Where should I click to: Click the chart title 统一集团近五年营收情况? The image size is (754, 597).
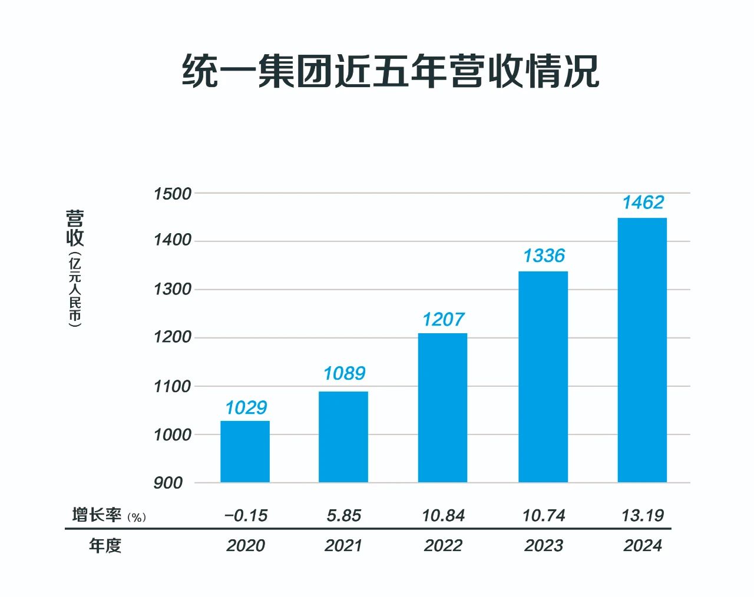click(391, 71)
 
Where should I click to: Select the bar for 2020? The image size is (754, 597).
click(245, 452)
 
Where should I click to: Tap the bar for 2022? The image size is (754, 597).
click(442, 408)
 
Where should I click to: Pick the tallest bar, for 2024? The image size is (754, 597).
click(642, 350)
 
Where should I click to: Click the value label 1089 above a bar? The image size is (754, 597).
click(344, 373)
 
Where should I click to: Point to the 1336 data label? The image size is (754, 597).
click(544, 256)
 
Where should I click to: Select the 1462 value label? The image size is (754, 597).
click(643, 203)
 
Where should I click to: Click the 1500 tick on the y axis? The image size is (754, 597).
click(173, 194)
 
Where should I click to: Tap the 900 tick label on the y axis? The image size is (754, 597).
click(168, 483)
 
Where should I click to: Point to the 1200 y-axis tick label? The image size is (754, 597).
click(173, 337)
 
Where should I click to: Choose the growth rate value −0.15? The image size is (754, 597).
click(246, 516)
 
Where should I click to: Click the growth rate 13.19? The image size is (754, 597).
click(643, 516)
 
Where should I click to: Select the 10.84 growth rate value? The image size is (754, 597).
click(443, 516)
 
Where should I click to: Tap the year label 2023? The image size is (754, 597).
click(544, 546)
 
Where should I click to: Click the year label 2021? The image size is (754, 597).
click(343, 546)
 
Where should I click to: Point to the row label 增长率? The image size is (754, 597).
click(97, 515)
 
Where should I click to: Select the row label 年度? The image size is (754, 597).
click(105, 546)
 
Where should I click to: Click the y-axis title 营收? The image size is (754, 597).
click(75, 228)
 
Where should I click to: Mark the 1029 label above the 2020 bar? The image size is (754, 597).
click(246, 408)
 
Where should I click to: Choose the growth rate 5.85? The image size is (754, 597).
click(343, 516)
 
